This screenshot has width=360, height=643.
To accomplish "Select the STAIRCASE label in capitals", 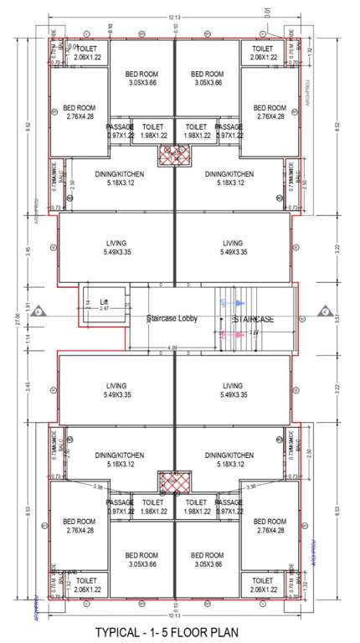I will point(255,319).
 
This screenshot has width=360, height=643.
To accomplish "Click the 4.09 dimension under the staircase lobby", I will point(172,347).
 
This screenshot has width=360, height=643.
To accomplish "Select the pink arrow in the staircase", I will point(239,334).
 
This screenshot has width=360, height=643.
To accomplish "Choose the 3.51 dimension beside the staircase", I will point(337,318).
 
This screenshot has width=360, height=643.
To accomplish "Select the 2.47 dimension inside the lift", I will point(105,309).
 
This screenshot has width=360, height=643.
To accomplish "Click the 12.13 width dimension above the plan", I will point(172,17).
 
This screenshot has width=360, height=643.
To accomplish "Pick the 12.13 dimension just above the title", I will point(172,615).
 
